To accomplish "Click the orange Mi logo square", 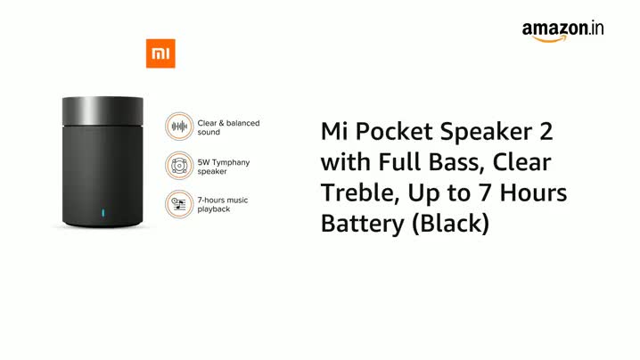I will point(160,53).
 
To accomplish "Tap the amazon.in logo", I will point(563,29).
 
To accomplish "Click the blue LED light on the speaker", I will point(103,214).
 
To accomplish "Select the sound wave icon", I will point(180,127).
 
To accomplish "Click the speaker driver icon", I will point(180,165).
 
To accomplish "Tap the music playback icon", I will point(180,204).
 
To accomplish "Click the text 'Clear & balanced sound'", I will point(228,127).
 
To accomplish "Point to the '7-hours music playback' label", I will point(224,204).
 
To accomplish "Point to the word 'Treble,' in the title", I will point(359,193).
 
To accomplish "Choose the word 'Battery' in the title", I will point(360,225).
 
